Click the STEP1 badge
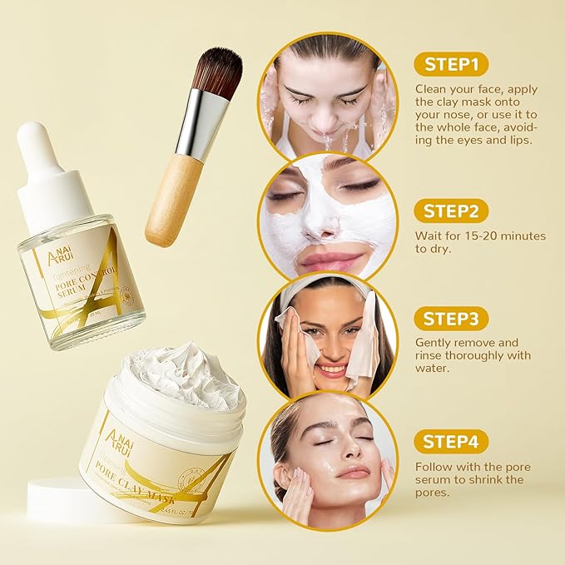pyautogui.click(x=451, y=65)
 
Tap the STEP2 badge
pyautogui.click(x=451, y=211)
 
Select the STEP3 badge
pyautogui.click(x=451, y=318)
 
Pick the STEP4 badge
pyautogui.click(x=451, y=441)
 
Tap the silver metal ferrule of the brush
pyautogui.click(x=198, y=125)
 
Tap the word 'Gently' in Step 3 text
pyautogui.click(x=434, y=343)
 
